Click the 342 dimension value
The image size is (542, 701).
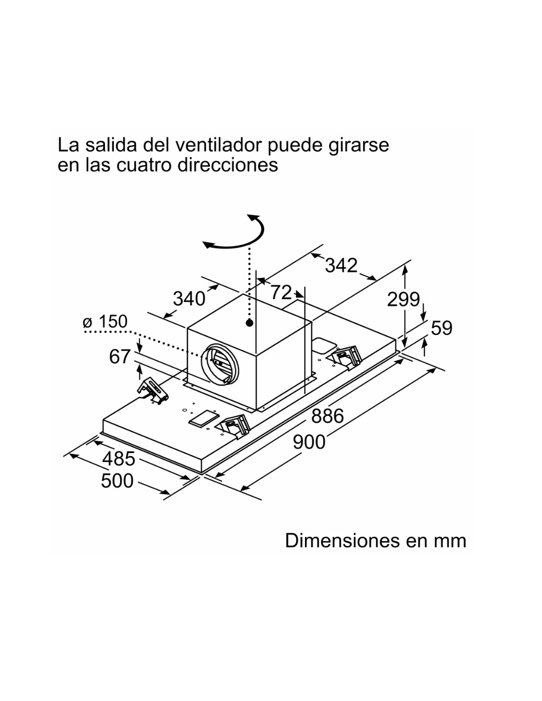[x=341, y=266]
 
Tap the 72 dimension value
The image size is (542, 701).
[x=281, y=292]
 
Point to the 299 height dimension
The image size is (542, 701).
[x=403, y=299]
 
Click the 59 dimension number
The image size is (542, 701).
[x=441, y=328]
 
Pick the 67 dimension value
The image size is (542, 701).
[x=120, y=357]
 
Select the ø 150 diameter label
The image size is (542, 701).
[x=105, y=321]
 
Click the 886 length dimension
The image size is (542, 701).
[x=327, y=416]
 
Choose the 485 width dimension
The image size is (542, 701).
[x=119, y=458]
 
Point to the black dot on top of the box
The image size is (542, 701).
[x=249, y=322]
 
